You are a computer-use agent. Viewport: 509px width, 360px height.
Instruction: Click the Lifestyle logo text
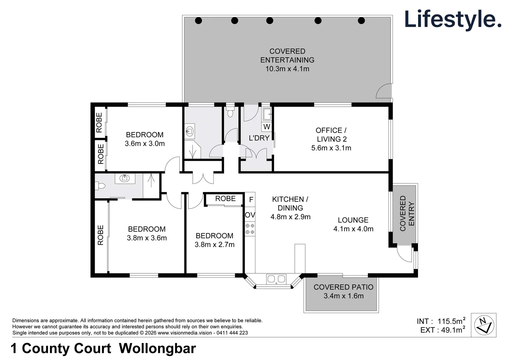[453, 20]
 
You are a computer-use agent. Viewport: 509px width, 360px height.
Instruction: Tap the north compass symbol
[484, 325]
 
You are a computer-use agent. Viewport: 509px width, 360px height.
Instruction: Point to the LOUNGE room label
[353, 220]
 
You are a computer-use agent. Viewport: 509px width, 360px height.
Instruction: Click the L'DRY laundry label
[259, 138]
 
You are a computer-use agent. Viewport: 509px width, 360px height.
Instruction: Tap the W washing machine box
[267, 127]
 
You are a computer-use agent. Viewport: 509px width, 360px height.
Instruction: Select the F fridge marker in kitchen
[251, 200]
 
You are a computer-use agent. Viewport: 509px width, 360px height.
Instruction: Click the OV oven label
[250, 215]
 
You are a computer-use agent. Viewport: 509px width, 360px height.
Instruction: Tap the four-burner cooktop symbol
[250, 229]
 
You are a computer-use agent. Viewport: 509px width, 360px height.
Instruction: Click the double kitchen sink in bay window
[276, 279]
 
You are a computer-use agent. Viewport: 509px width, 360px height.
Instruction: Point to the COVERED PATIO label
[343, 287]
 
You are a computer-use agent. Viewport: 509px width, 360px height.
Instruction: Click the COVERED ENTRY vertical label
[407, 213]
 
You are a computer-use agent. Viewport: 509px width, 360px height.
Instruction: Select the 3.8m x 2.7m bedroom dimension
[215, 245]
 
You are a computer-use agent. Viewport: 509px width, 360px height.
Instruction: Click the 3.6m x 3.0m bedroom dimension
[145, 143]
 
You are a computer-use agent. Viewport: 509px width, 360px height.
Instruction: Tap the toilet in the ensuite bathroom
[100, 186]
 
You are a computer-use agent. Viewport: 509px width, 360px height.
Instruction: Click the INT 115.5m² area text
[441, 321]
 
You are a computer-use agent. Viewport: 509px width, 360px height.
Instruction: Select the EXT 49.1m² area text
[443, 330]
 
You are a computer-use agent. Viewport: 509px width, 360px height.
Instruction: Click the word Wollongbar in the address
[157, 348]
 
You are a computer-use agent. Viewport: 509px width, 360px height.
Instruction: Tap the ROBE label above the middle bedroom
[225, 199]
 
